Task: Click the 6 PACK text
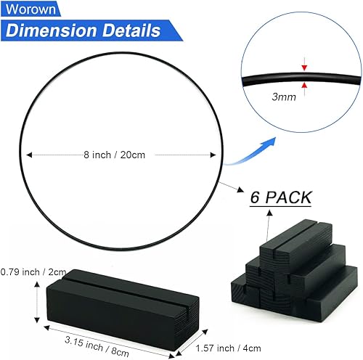pyautogui.click(x=280, y=197)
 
